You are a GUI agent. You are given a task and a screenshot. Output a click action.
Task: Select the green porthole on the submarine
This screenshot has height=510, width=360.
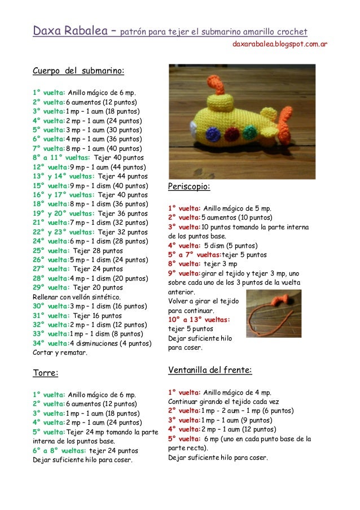tap(249, 132)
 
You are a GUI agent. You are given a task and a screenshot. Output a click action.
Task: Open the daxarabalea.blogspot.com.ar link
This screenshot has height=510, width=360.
tap(280, 43)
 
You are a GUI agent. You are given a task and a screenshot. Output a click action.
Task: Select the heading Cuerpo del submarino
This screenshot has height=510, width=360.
tap(78, 72)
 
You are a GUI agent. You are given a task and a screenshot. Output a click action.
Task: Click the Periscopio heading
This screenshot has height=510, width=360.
tap(189, 186)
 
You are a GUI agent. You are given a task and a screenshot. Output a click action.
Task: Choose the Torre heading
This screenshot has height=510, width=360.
tap(46, 373)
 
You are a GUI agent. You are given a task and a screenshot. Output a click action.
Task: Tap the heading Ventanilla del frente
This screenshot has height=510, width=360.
tap(210, 370)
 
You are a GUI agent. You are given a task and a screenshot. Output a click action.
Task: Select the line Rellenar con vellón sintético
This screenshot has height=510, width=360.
tap(76, 297)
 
